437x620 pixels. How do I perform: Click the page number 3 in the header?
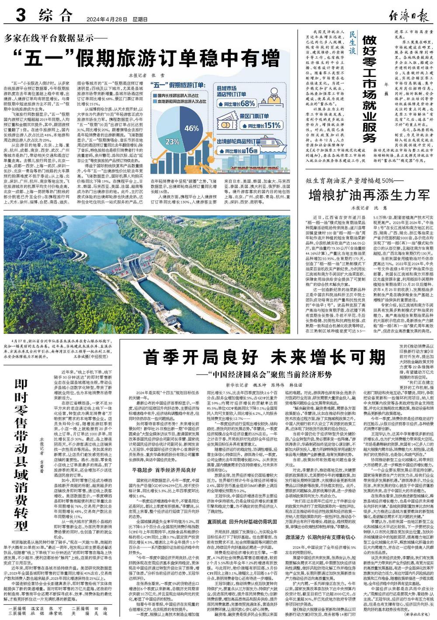tap(20, 16)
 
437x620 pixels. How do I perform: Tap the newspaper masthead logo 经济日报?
tap(409, 17)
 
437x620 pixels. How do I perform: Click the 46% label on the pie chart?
tap(191, 129)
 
